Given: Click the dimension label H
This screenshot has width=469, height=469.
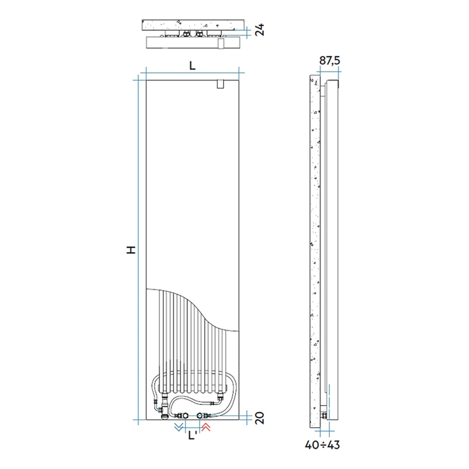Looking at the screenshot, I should [x=131, y=249].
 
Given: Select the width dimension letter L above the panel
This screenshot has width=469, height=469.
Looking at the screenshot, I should [x=191, y=65].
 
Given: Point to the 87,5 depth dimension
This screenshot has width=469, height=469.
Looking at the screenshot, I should [x=329, y=61].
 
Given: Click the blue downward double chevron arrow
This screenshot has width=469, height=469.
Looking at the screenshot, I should [x=178, y=428].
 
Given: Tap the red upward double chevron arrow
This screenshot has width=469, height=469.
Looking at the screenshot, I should [x=207, y=428].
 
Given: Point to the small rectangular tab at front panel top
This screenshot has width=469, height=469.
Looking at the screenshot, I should [x=220, y=85].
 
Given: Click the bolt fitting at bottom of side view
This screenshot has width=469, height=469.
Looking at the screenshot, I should [x=324, y=413].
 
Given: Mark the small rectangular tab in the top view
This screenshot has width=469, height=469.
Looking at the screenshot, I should [x=220, y=43].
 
